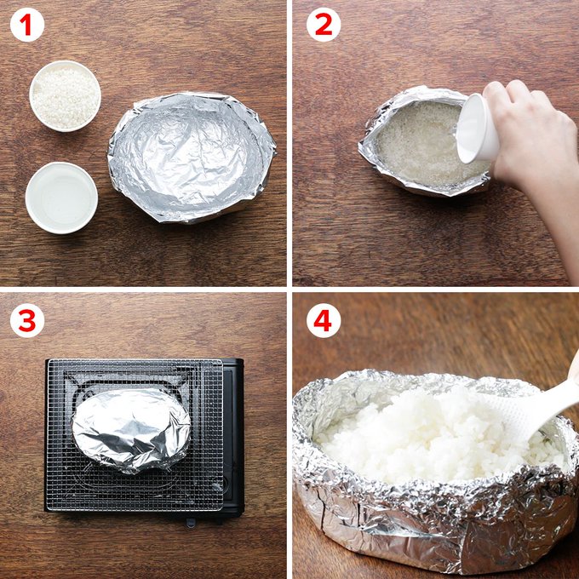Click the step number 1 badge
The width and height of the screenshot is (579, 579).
[x=27, y=25]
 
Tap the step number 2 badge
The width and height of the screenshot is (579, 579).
[x=324, y=25]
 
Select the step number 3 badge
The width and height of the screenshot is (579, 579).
[x=27, y=320]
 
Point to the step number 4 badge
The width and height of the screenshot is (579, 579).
[x=324, y=320]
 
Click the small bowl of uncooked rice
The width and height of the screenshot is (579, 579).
[x=65, y=96]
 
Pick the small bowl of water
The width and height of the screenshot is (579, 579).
[x=61, y=198]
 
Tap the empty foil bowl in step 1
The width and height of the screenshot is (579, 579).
[x=192, y=158]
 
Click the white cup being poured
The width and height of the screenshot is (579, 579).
[x=476, y=129]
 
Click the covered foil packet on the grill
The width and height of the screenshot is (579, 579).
[x=131, y=430]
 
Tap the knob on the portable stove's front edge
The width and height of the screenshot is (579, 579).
[x=190, y=522]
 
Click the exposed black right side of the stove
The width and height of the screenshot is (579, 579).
[x=233, y=436]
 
